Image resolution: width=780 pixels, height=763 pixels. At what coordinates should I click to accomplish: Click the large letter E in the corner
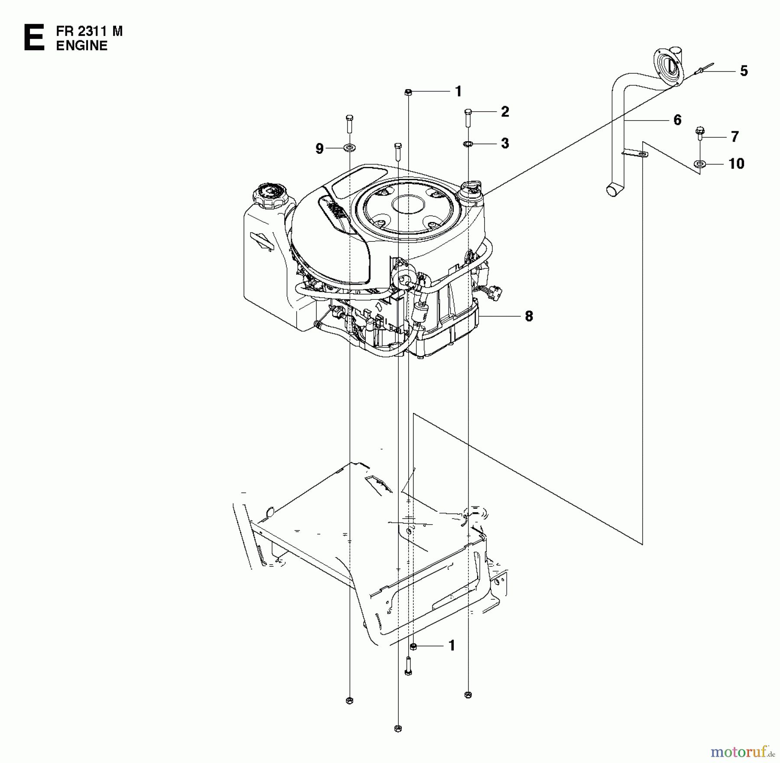(34, 38)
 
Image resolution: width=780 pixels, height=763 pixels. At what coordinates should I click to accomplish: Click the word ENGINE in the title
(81, 45)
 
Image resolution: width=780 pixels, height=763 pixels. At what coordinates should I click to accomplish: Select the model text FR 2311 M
(89, 31)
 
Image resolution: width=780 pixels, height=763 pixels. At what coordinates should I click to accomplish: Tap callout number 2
(505, 112)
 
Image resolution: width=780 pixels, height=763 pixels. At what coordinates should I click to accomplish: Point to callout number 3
(505, 143)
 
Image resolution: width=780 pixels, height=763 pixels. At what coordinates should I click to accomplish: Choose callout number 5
(744, 71)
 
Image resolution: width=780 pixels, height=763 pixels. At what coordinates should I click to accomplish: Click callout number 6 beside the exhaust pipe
(677, 120)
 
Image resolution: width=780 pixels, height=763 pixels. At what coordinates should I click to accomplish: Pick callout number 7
(734, 137)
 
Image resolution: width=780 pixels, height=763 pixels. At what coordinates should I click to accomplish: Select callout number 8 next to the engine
(529, 316)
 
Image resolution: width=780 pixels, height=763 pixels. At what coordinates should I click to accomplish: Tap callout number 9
(319, 149)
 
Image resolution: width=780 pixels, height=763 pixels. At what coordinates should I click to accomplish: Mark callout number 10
(736, 164)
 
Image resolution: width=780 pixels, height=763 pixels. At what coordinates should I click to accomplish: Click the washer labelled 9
(349, 149)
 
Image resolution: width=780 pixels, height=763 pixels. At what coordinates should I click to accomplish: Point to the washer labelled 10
(699, 164)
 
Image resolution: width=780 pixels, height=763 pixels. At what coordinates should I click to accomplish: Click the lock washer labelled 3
(468, 143)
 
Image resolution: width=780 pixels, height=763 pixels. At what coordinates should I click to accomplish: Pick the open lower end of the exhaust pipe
(612, 191)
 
